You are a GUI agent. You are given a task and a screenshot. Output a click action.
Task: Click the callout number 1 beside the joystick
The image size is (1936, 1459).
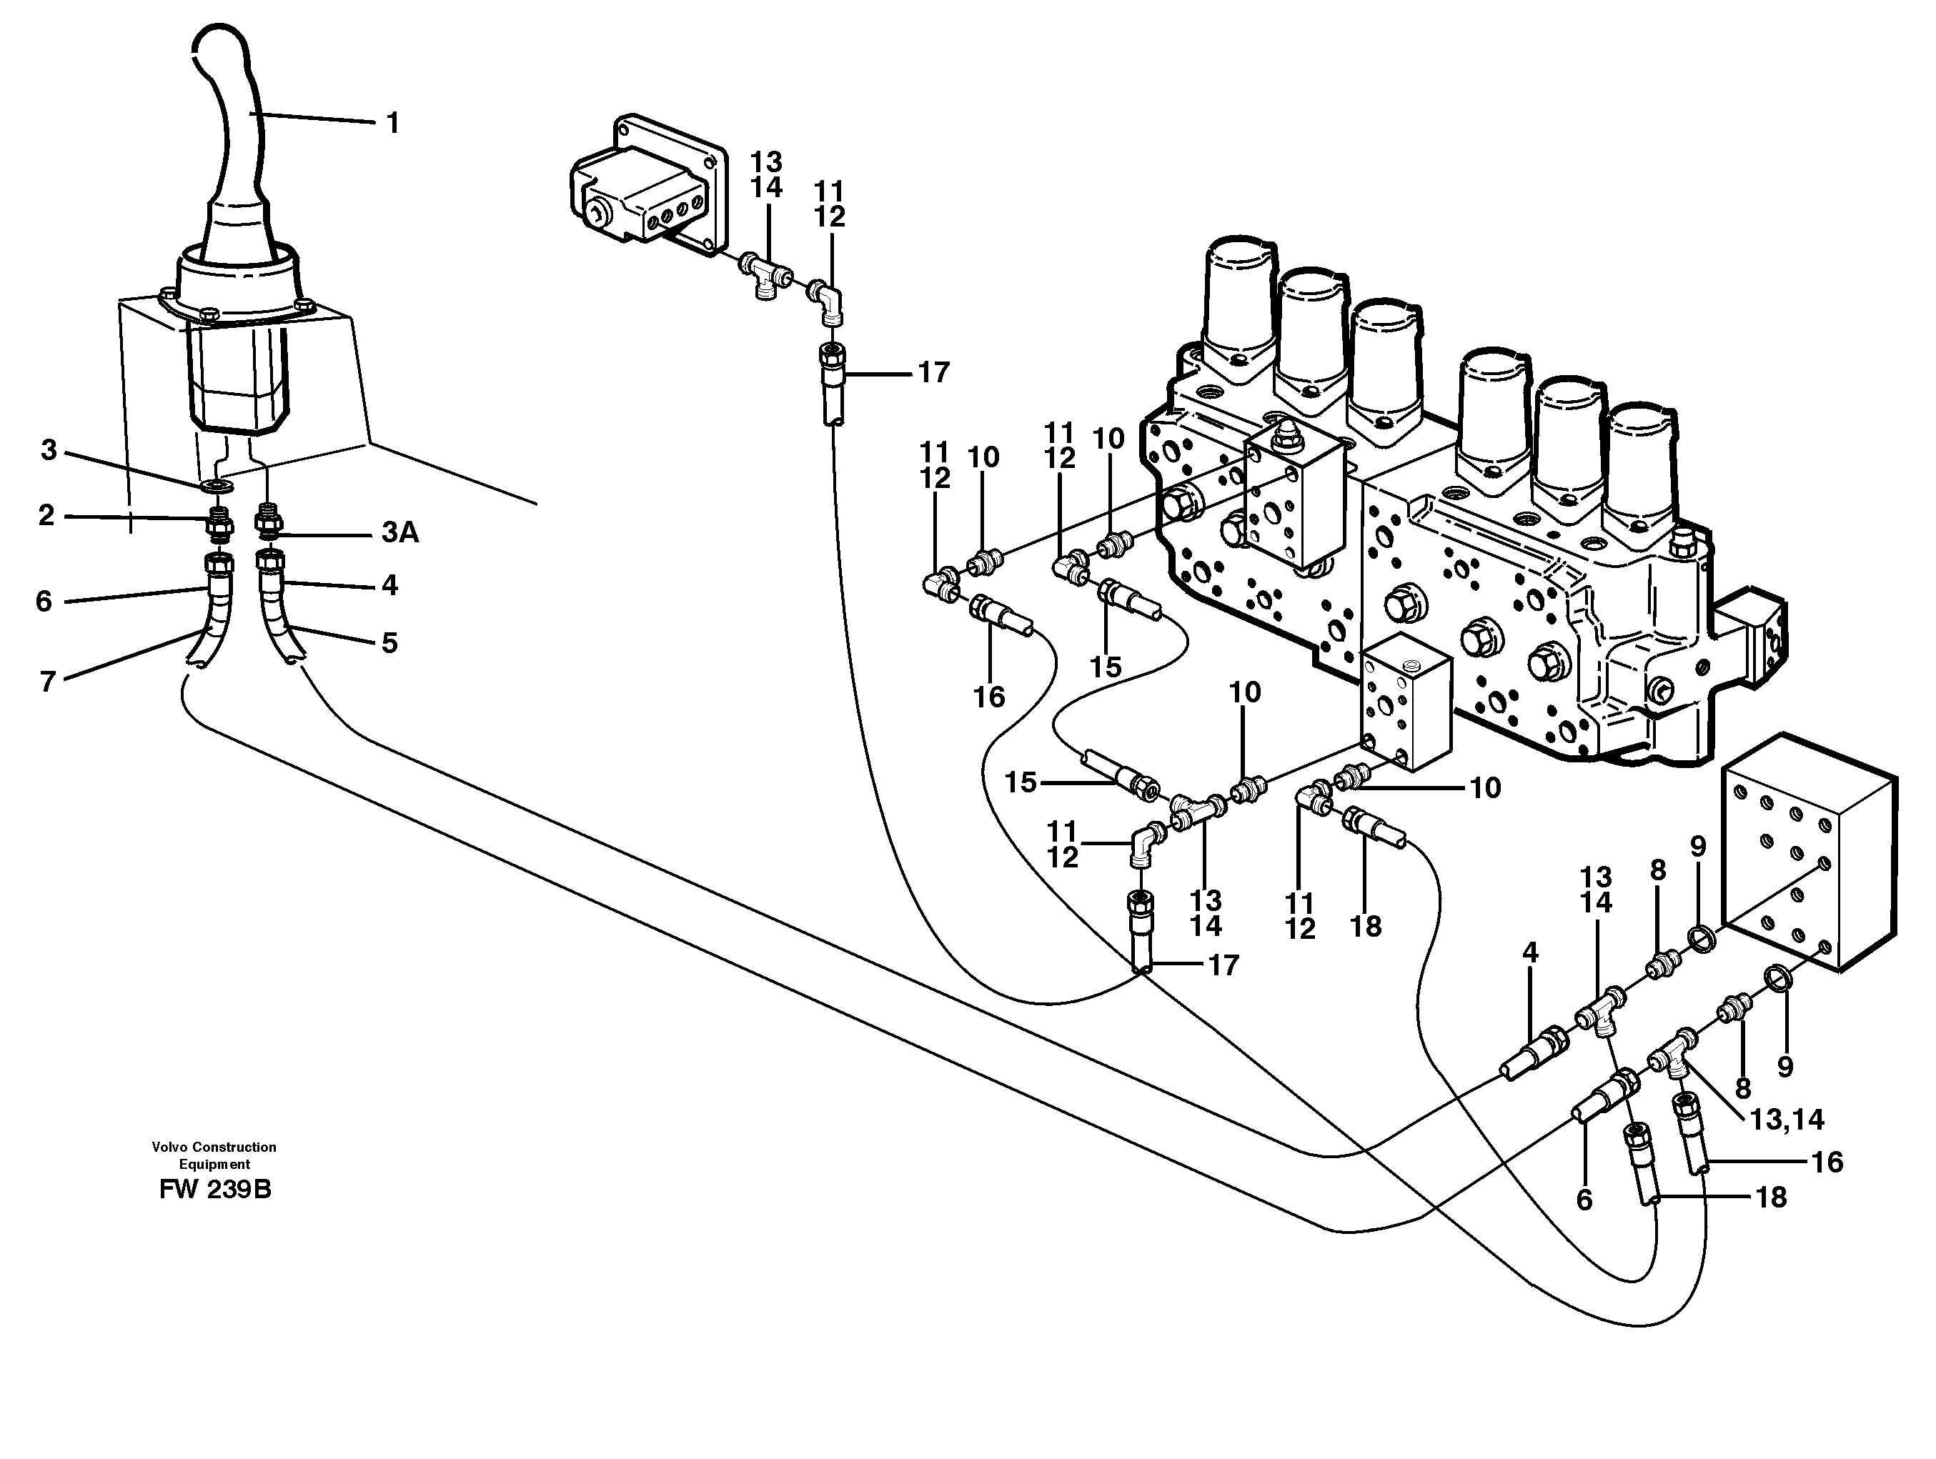point(393,124)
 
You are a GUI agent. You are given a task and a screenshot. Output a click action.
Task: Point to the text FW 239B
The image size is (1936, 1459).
point(215,1190)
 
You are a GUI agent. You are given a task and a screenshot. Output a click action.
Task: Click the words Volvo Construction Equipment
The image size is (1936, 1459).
point(214,1155)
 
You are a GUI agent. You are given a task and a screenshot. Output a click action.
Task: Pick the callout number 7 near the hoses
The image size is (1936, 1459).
point(48,681)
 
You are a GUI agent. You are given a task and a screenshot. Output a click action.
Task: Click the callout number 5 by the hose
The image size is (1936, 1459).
point(389,643)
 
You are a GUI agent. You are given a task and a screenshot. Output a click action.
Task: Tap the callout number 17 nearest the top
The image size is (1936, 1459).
point(933,373)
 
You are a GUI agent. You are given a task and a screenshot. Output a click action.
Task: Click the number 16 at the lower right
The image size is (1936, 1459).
point(1827,1162)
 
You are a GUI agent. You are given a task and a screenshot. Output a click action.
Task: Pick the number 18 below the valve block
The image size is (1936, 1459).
point(1366,925)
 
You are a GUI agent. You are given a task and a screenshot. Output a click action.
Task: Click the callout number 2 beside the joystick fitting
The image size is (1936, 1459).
point(46,514)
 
